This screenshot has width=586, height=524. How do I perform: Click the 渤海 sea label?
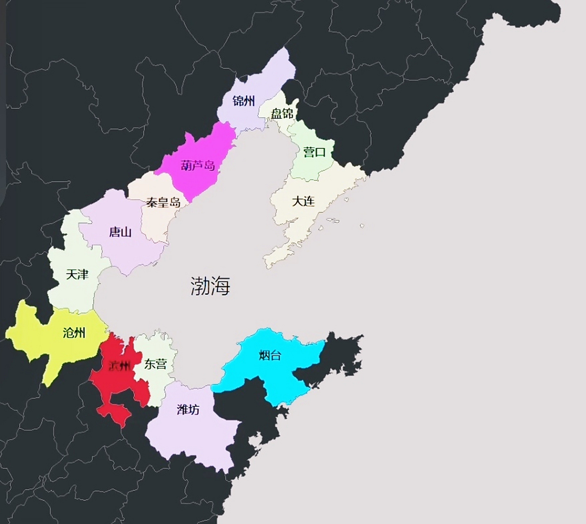pos(210,286)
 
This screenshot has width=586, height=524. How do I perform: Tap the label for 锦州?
pos(244,101)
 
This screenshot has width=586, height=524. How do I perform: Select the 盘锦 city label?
pos(282,113)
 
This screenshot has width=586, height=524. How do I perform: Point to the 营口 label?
pos(314,152)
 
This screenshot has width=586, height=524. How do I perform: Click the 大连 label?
pos(303,201)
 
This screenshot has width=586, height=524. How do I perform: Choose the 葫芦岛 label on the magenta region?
pos(198,166)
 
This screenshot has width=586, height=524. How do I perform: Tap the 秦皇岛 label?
pos(163,202)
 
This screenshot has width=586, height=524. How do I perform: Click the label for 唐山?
pos(120,233)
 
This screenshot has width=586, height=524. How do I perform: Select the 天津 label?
pos(77,274)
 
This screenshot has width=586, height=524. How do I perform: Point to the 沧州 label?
pos(74,333)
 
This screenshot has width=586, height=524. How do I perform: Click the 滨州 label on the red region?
pos(119,366)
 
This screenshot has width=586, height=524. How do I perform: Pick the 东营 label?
pos(156,364)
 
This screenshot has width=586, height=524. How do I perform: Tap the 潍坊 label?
pos(188,409)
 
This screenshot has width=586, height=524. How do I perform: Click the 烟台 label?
pos(270,355)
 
